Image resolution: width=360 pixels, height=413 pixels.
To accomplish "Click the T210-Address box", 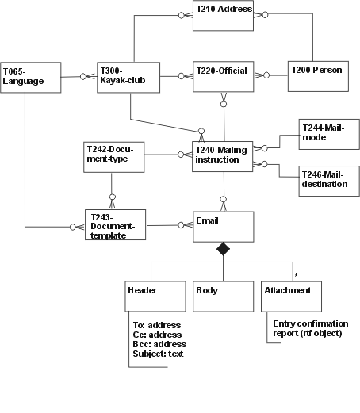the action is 223,16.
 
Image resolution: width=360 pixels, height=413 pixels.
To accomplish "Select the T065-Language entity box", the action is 31,78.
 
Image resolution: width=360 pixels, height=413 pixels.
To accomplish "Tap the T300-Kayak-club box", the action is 128,78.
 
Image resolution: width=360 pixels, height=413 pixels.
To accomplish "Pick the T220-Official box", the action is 224,77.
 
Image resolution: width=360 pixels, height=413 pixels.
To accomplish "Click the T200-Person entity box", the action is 318,76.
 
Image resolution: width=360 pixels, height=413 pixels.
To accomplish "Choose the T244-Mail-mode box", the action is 329,134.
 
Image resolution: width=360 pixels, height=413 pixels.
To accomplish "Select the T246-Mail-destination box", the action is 329,181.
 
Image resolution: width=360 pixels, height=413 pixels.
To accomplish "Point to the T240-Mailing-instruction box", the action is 223,157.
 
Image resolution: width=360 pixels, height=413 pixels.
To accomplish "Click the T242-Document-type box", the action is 114,157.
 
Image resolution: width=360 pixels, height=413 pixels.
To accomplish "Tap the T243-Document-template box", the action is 115,225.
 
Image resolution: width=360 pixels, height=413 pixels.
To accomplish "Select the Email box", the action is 224,227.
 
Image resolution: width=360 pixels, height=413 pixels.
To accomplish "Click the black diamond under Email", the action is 223,249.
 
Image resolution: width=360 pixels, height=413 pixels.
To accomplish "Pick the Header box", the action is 155,296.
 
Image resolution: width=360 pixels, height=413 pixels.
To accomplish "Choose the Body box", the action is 224,296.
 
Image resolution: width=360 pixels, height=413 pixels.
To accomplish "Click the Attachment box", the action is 292,296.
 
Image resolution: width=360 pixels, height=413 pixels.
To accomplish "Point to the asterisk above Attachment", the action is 296,276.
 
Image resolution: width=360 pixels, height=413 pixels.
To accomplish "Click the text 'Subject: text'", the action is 158,354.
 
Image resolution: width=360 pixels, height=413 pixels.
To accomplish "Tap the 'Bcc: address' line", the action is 159,344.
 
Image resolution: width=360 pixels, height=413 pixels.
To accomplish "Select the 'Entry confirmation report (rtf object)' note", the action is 311,328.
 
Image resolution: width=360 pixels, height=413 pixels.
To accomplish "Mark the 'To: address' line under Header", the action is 157,325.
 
